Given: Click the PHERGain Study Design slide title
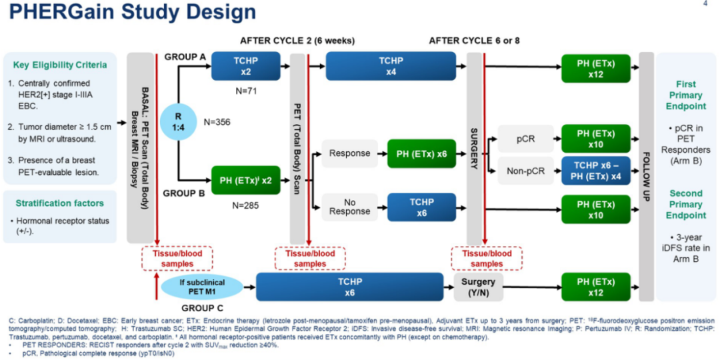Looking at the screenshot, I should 133,12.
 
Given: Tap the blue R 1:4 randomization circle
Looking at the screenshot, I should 179,122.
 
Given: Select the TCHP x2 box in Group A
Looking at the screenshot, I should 246,67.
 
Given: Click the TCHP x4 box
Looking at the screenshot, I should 391,67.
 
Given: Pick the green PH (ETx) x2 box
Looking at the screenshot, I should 246,179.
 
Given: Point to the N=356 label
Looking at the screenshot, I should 217,123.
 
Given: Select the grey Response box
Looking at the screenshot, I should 349,153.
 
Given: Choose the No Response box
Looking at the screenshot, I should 349,207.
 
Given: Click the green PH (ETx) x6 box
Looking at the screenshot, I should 422,153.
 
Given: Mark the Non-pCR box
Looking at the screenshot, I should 525,171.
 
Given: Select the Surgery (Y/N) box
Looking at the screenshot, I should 478,286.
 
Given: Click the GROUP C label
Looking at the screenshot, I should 201,309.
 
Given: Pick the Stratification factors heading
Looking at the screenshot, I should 59,203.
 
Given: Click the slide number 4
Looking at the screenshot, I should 705,4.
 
